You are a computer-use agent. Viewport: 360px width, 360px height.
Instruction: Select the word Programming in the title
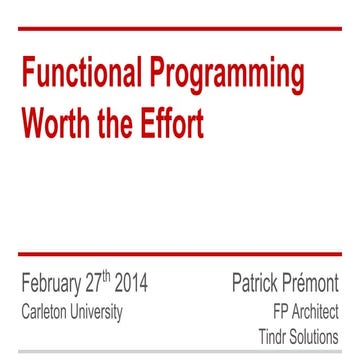pyautogui.click(x=241, y=76)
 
